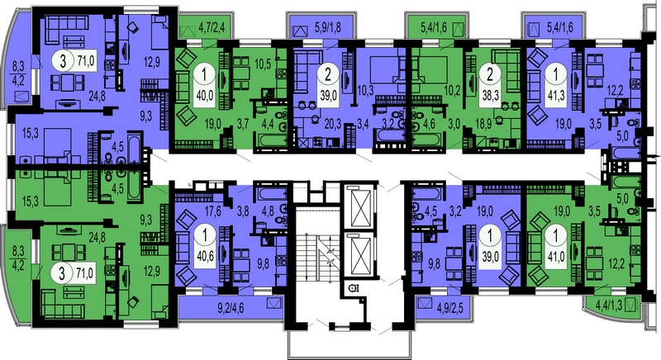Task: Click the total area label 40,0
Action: (204, 95)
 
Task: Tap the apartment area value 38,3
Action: (490, 95)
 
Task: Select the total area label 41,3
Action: (555, 95)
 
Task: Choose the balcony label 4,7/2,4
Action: (212, 30)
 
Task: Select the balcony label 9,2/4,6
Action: (231, 308)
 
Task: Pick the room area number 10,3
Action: (363, 102)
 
